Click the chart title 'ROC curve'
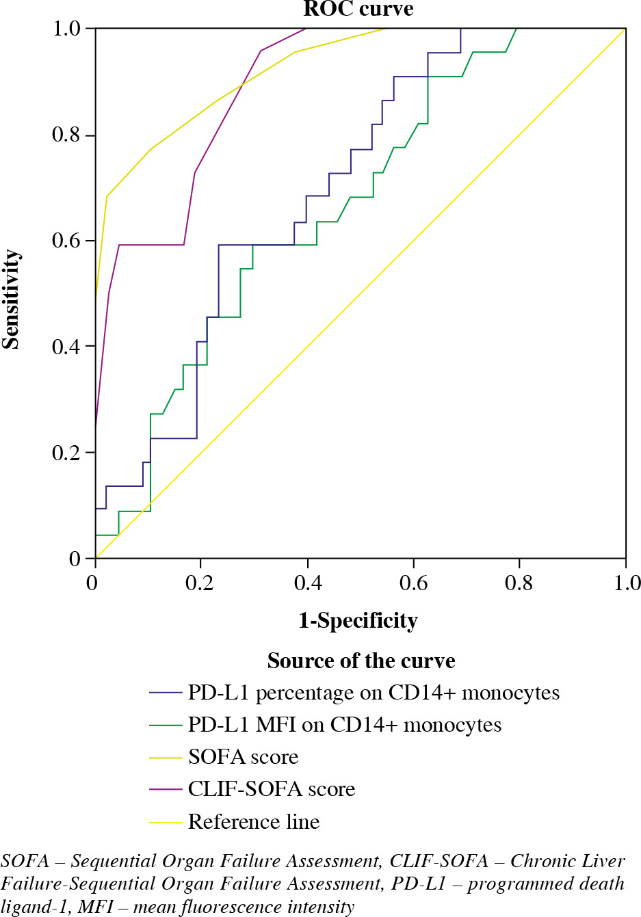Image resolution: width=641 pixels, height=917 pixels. click(358, 9)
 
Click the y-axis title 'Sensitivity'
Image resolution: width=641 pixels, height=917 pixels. click(11, 299)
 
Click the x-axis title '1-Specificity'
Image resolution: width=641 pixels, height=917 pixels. click(358, 620)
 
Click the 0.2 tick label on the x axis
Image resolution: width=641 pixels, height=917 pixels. click(201, 583)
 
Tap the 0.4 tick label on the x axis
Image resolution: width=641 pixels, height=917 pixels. click(307, 583)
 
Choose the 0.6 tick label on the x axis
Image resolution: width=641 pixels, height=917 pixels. click(413, 583)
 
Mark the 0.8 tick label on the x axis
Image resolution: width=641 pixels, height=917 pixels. click(519, 583)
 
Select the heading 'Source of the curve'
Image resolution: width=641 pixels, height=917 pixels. click(361, 661)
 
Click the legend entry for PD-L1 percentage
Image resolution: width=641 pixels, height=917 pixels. click(374, 693)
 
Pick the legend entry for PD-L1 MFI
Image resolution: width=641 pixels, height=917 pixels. click(344, 725)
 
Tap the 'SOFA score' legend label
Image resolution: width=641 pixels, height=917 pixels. click(244, 757)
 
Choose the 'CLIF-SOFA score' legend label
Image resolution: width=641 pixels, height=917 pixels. click(272, 789)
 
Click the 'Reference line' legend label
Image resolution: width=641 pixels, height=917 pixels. click(254, 821)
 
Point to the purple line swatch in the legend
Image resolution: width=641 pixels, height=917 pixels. click(166, 789)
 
